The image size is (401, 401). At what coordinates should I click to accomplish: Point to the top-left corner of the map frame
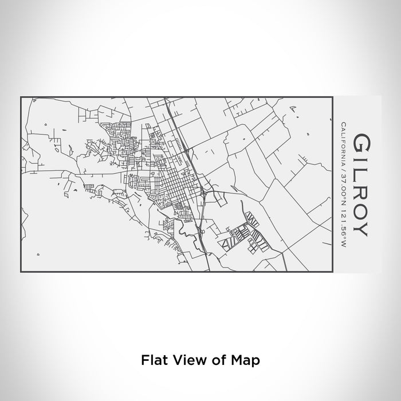pos(21,97)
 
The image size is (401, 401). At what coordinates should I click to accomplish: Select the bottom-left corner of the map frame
pos(21,271)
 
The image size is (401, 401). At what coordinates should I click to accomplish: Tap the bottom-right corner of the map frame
pos(333,271)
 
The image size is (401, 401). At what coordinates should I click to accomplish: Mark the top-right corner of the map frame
pos(333,97)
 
